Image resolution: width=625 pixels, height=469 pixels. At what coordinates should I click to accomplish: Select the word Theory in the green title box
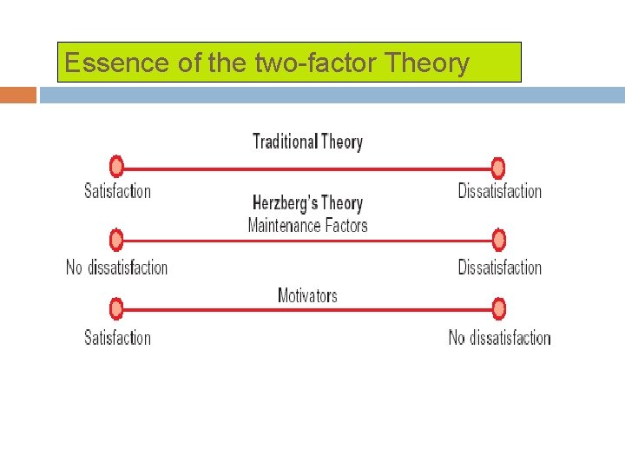pos(426,63)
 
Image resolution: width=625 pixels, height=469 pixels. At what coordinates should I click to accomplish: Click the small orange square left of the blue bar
pos(18,95)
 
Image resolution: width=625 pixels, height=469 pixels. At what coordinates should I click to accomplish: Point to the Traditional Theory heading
pos(307,142)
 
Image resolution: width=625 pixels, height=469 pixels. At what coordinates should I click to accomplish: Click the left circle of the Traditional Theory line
pos(116,167)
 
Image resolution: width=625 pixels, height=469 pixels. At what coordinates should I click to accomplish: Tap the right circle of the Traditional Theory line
pos(497,167)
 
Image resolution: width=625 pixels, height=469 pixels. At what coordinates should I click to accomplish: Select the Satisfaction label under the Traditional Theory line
pos(117,191)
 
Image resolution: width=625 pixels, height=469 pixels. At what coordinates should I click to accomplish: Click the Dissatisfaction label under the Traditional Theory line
pos(500,191)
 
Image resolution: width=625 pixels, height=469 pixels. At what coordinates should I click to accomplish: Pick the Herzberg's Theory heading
pos(307,203)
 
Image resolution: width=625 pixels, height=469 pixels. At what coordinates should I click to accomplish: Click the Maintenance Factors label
pos(307,226)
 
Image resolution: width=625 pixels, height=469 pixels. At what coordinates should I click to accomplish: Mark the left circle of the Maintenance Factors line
pos(116,239)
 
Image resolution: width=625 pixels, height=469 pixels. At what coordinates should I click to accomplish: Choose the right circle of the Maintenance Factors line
pos(497,239)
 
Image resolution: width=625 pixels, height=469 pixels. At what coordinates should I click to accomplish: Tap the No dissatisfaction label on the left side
pos(117,268)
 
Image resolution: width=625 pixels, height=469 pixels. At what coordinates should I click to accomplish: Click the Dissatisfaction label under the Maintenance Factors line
pos(500,268)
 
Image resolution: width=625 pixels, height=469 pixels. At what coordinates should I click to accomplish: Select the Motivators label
pos(307,296)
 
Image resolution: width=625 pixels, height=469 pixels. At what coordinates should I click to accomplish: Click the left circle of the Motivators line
pos(116,308)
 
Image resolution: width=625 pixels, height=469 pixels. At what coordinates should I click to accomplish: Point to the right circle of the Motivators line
pos(497,308)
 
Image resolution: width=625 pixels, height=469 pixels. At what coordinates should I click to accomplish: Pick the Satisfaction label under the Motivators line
pos(117,338)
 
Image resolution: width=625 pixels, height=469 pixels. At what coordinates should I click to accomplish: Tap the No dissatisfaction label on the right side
pos(500,338)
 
